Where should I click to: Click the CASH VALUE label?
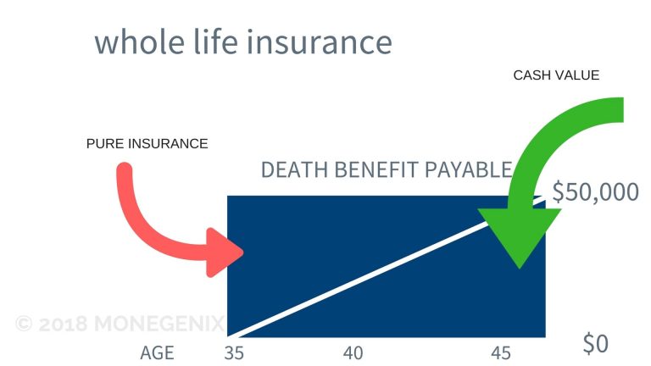(x=556, y=75)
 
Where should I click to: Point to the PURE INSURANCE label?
(x=147, y=144)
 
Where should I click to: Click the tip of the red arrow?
(x=243, y=252)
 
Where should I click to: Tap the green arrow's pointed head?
(x=518, y=264)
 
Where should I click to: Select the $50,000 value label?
(x=595, y=192)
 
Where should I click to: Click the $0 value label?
(x=596, y=344)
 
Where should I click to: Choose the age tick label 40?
(x=353, y=352)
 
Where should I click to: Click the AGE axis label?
(x=158, y=352)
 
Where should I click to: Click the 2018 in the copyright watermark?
(x=66, y=323)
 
